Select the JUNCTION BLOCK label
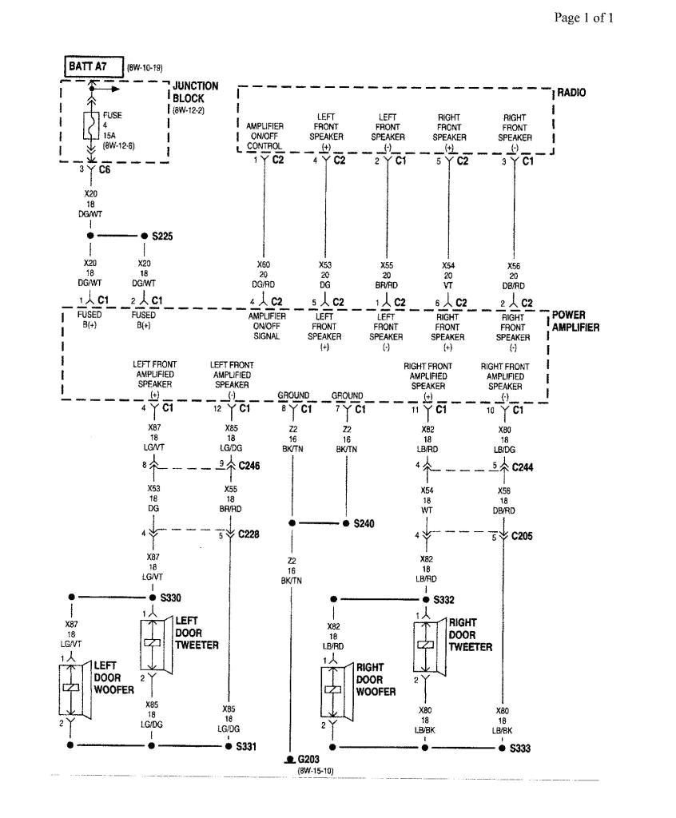pyautogui.click(x=194, y=92)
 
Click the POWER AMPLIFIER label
pyautogui.click(x=575, y=321)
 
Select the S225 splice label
pyautogui.click(x=162, y=236)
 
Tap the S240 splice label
pyautogui.click(x=364, y=523)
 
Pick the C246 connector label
pyautogui.click(x=251, y=465)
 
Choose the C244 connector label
pyautogui.click(x=524, y=466)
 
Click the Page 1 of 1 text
pyautogui.click(x=584, y=18)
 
